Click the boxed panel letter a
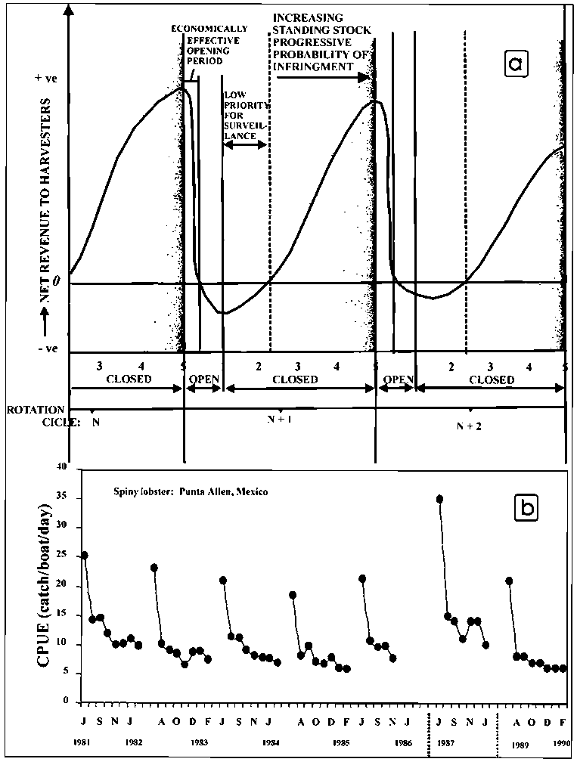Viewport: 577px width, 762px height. click(516, 66)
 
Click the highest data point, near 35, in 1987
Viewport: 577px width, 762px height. click(439, 499)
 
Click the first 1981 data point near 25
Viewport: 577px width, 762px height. click(84, 555)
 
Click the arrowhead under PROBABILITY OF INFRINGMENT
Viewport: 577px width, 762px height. click(366, 77)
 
